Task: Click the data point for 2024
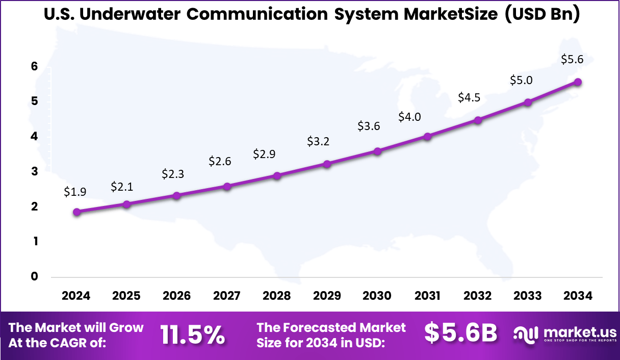[x=76, y=212]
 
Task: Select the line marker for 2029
[x=327, y=164]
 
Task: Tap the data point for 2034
[x=578, y=82]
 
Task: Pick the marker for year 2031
[x=427, y=137]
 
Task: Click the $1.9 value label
[x=75, y=192]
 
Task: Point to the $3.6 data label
[x=369, y=126]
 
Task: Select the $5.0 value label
[x=521, y=81]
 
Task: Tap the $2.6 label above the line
[x=220, y=161]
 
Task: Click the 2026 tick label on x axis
[x=176, y=296]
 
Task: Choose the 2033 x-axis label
[x=528, y=296]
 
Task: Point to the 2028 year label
[x=277, y=296]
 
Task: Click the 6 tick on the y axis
[x=34, y=66]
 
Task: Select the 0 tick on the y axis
[x=34, y=276]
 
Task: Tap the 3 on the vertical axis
[x=34, y=171]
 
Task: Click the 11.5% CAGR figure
[x=193, y=335]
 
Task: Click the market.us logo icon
[x=525, y=335]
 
